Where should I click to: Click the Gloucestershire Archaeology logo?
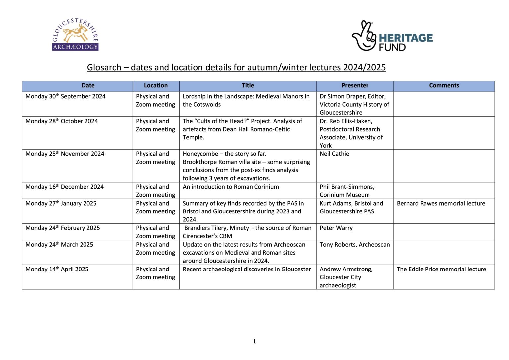coord(76,34)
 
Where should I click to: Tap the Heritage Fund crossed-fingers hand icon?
coord(364,36)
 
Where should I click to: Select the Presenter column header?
coord(355,86)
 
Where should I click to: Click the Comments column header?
coord(444,86)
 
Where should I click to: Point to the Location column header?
coord(156,86)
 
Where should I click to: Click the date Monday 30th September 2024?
coord(65,96)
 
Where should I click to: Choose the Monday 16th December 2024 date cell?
coord(64,187)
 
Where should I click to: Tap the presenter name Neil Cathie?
coord(334,154)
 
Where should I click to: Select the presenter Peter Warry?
coord(336,228)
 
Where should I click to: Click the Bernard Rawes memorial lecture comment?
coord(441,204)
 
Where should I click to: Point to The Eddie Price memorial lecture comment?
coord(441,270)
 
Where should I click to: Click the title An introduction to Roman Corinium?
coord(231,187)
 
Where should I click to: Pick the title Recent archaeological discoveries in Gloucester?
coord(247,270)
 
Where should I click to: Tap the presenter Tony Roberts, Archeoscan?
coord(355,245)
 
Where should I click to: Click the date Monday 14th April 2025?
coord(57,270)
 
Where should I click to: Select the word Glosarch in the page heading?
coord(104,68)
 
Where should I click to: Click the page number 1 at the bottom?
coord(254,341)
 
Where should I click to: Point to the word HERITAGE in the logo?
coord(406,38)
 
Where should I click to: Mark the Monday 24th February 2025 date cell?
coord(62,228)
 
